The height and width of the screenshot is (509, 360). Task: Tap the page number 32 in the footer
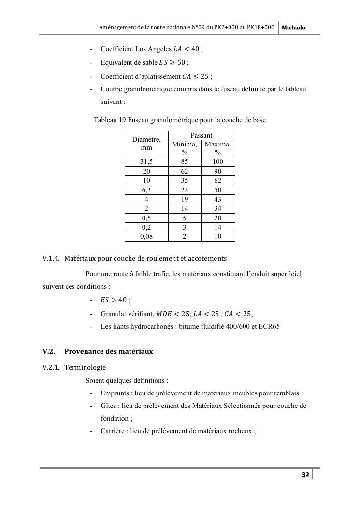pos(305,475)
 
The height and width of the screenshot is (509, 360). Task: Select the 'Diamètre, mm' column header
pos(146,144)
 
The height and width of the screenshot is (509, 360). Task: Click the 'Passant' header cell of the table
pos(202,136)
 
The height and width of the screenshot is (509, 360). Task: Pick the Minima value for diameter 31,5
pos(185,162)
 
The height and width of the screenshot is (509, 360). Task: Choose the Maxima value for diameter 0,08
pos(218,237)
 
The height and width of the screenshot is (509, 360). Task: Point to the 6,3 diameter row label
pos(146,190)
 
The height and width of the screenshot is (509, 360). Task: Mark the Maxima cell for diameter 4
pos(218,200)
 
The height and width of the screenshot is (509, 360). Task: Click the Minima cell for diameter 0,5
pos(185,218)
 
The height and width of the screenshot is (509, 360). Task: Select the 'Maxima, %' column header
pos(218,148)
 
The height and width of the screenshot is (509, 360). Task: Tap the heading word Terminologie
pos(85,367)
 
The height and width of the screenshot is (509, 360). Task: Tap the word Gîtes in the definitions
pos(109,406)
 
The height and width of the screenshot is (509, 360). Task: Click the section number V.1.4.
pos(51,258)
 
